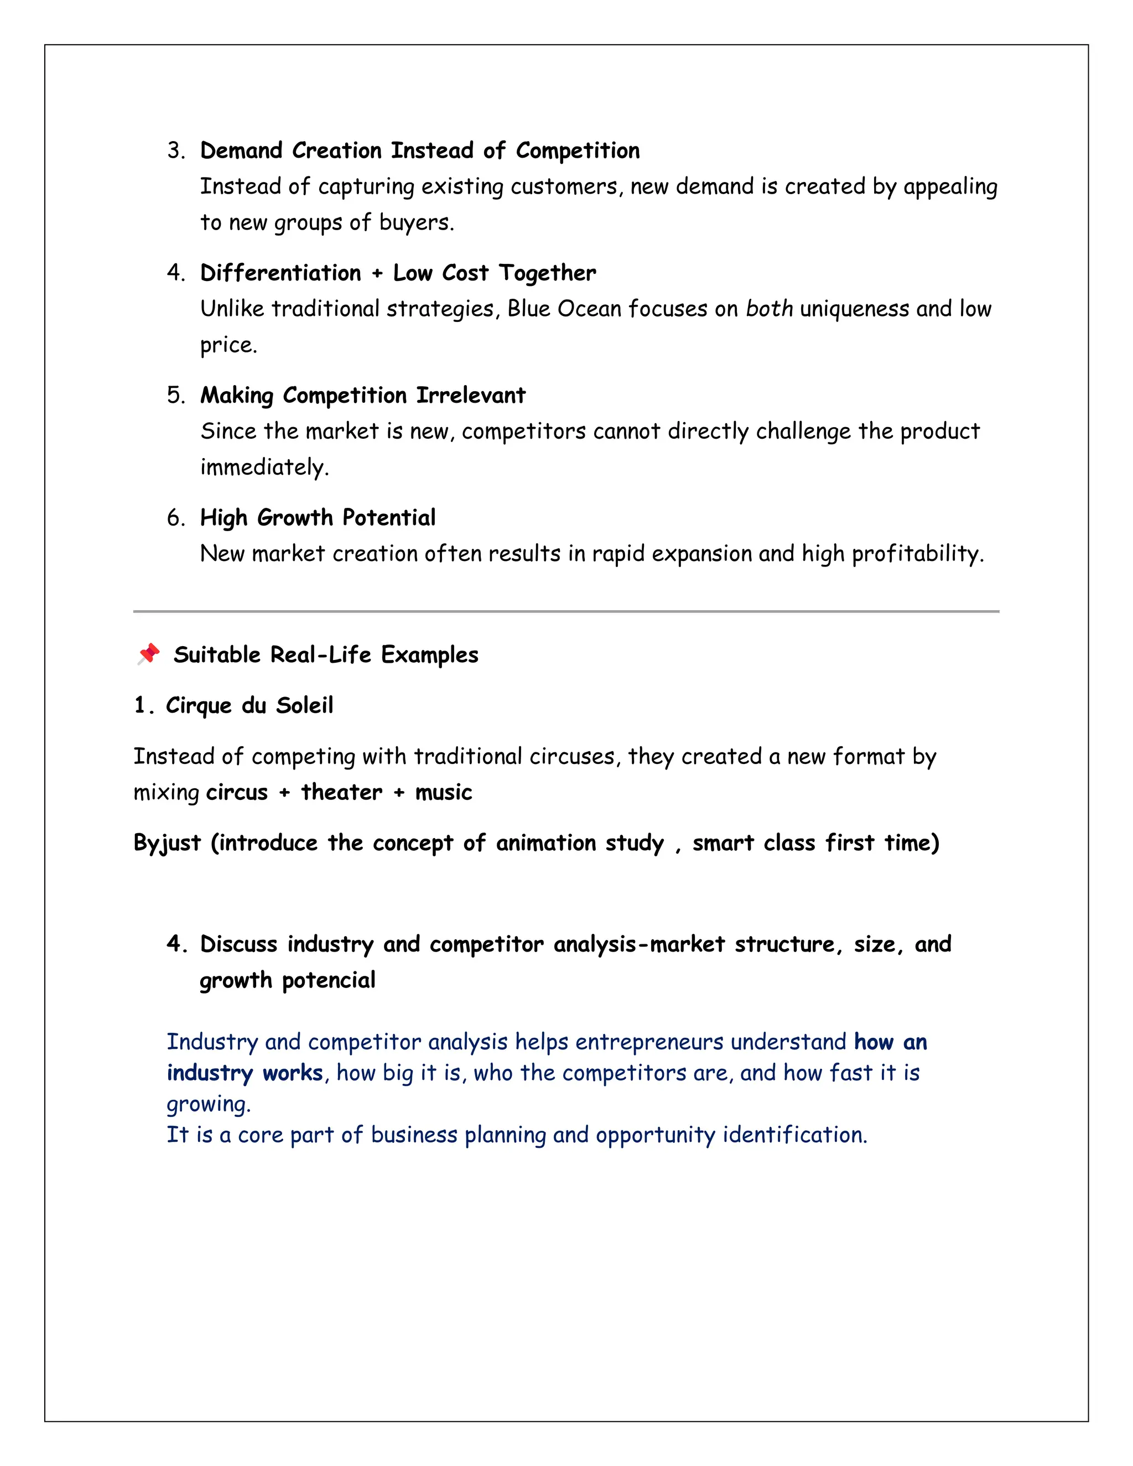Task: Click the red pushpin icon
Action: click(x=149, y=654)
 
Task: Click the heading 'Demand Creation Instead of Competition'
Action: click(x=419, y=150)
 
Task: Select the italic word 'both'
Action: click(x=769, y=309)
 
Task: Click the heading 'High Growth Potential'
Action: click(x=318, y=518)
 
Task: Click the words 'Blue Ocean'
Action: click(x=564, y=309)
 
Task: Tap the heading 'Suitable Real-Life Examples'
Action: click(x=325, y=654)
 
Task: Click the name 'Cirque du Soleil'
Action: click(x=249, y=705)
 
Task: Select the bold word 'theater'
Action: click(x=341, y=793)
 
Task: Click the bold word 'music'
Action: click(x=443, y=793)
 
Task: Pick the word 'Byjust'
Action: click(x=167, y=843)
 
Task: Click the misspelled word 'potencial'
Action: click(x=328, y=981)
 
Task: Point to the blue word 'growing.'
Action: click(x=208, y=1104)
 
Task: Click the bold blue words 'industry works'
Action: click(x=245, y=1073)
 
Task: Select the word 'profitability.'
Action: click(x=917, y=554)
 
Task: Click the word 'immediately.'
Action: click(x=264, y=467)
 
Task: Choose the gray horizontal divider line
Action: click(x=566, y=611)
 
